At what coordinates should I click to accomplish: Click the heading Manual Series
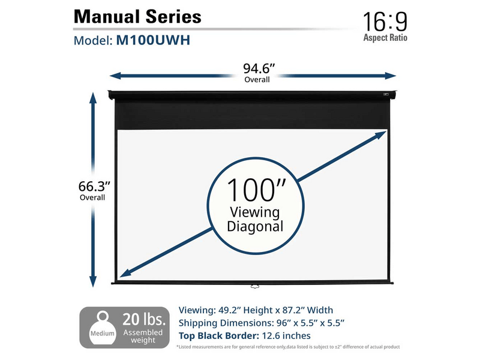pos(137,16)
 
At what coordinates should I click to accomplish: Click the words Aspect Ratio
pos(385,37)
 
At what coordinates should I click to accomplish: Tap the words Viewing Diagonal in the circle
pos(256,219)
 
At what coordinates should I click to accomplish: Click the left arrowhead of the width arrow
pos(114,76)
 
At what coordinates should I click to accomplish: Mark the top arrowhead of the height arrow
pos(94,96)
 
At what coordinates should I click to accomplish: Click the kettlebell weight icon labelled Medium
pos(100,327)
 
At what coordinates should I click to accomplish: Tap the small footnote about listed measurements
pos(287,347)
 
